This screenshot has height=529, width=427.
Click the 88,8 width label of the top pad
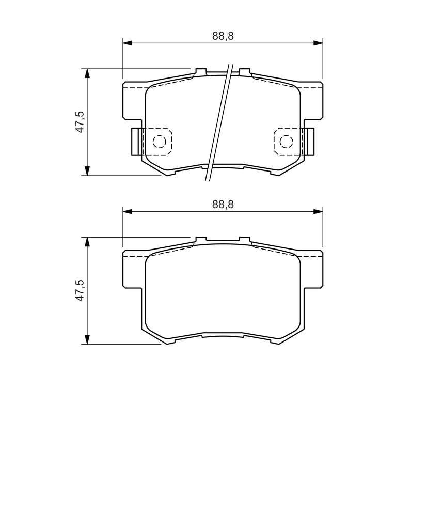223,36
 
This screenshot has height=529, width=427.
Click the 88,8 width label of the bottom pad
223,205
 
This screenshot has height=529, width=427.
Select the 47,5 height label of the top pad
80,122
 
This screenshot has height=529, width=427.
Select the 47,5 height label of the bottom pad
80,290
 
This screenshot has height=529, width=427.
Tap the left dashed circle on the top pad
159,142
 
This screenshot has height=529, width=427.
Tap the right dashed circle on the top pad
286,142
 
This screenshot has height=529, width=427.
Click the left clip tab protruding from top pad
136,142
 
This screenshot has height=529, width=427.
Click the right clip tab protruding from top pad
309,142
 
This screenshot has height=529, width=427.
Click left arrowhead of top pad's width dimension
128,43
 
